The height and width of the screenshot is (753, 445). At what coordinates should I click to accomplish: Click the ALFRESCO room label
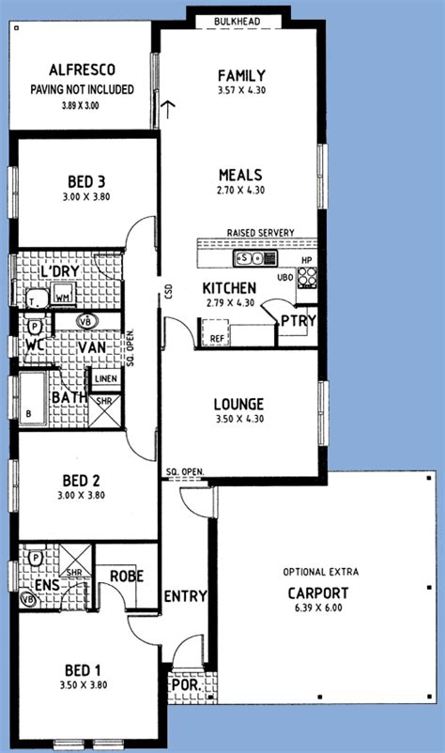[x=82, y=69]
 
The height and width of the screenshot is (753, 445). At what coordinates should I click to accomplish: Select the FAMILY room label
[x=241, y=75]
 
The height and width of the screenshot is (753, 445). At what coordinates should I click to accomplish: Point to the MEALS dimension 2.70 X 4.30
[x=241, y=190]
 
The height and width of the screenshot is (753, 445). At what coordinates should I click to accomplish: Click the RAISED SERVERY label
[x=260, y=233]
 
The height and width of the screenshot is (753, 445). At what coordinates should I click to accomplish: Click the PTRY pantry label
[x=299, y=322]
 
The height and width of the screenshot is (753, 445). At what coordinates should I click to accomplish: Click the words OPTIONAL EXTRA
[x=321, y=572]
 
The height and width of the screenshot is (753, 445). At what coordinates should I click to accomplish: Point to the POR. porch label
[x=181, y=686]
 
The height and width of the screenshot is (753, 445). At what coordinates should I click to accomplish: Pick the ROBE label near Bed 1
[x=127, y=576]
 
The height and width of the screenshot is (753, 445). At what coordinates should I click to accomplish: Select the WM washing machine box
[x=64, y=298]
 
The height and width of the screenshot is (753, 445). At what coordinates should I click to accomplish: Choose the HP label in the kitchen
[x=306, y=260]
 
